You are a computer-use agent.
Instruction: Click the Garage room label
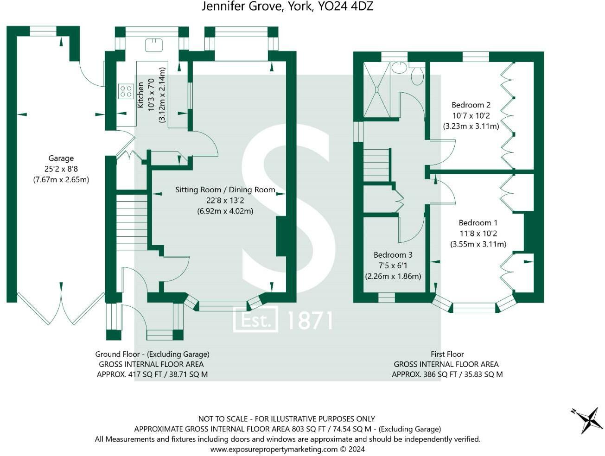pyautogui.click(x=61, y=158)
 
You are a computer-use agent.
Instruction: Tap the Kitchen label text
pyautogui.click(x=140, y=95)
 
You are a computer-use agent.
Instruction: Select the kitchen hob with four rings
pyautogui.click(x=126, y=91)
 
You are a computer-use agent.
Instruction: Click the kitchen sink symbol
pyautogui.click(x=153, y=45)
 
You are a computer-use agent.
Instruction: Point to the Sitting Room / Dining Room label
pyautogui.click(x=225, y=190)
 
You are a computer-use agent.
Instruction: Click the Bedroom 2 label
pyautogui.click(x=471, y=105)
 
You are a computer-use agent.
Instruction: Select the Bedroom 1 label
pyautogui.click(x=478, y=223)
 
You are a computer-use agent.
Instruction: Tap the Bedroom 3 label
pyautogui.click(x=393, y=255)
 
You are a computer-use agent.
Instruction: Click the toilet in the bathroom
pyautogui.click(x=417, y=76)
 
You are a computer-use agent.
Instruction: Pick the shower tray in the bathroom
pyautogui.click(x=376, y=90)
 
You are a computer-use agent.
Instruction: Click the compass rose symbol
pyautogui.click(x=588, y=419)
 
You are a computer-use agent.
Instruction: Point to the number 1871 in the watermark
pyautogui.click(x=310, y=320)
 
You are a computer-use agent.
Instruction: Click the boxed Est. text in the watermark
pyautogui.click(x=255, y=320)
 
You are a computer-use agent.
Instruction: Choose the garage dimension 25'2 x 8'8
pyautogui.click(x=61, y=169)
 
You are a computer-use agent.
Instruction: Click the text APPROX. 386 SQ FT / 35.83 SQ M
pyautogui.click(x=447, y=374)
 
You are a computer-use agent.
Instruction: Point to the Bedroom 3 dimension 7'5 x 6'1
pyautogui.click(x=393, y=266)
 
